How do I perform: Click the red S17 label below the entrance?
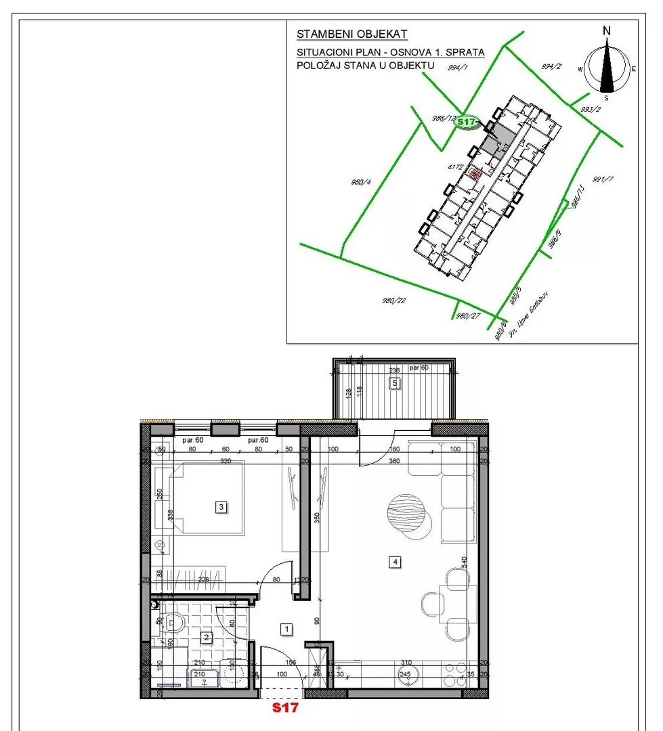285,709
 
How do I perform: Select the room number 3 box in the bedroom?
220,506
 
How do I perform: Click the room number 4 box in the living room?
395,560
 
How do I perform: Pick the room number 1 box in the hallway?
287,629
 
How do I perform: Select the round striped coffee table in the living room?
409,512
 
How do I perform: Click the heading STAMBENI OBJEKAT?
352,34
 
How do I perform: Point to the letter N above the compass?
607,30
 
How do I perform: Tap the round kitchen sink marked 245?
406,673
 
